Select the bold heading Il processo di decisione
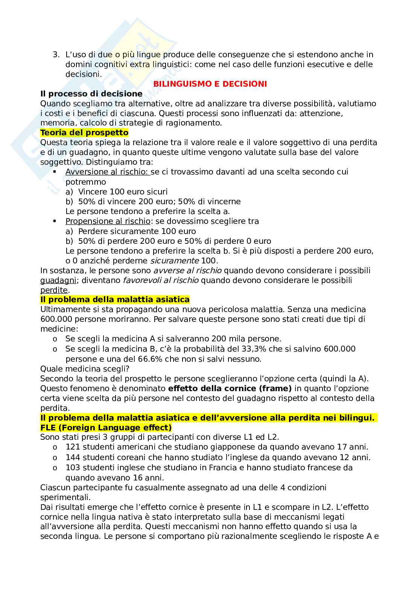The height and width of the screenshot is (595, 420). tap(91, 94)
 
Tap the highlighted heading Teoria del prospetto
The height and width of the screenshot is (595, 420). tap(84, 133)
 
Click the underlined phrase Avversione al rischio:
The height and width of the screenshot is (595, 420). tap(108, 172)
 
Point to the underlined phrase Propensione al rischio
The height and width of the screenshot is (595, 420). tap(108, 221)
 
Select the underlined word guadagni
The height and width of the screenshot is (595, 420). tap(58, 280)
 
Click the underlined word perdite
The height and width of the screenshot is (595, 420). tap(54, 290)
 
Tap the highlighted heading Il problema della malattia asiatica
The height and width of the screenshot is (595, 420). tap(115, 300)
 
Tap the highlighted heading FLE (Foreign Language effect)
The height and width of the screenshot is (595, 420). tap(106, 428)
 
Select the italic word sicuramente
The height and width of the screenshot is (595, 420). tap(175, 261)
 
